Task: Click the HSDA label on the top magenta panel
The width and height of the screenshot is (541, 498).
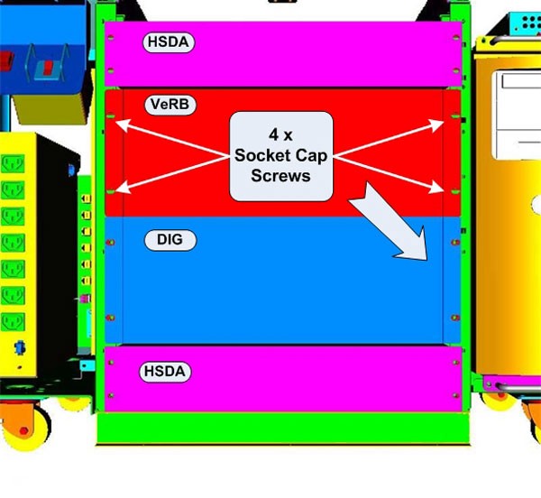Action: (x=170, y=41)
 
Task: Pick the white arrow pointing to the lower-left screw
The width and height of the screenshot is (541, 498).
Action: (x=171, y=173)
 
